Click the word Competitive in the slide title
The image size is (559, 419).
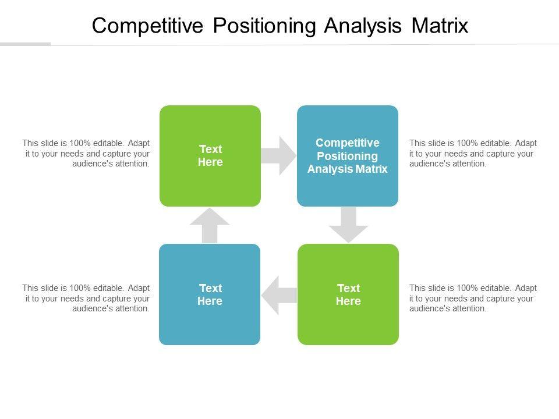(x=147, y=26)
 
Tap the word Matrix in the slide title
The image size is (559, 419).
(x=440, y=26)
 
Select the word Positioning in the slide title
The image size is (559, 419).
(x=264, y=26)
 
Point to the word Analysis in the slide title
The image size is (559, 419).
(x=363, y=26)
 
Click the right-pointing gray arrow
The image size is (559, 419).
(x=279, y=156)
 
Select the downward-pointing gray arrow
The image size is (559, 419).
(x=348, y=225)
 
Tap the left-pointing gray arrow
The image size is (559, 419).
(x=279, y=295)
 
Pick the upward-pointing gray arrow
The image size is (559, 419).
(x=210, y=226)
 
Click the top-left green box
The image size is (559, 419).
(x=210, y=156)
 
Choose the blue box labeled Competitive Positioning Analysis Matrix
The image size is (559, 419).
(x=348, y=156)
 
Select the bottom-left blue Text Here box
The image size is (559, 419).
(x=210, y=294)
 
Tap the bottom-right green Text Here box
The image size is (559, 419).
(x=348, y=294)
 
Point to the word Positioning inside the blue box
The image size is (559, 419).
(x=348, y=156)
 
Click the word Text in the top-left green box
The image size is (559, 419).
(x=211, y=149)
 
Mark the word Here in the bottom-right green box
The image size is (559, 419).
(x=348, y=301)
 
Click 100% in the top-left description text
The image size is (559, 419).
(x=80, y=143)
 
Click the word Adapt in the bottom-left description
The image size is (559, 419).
(x=139, y=288)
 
